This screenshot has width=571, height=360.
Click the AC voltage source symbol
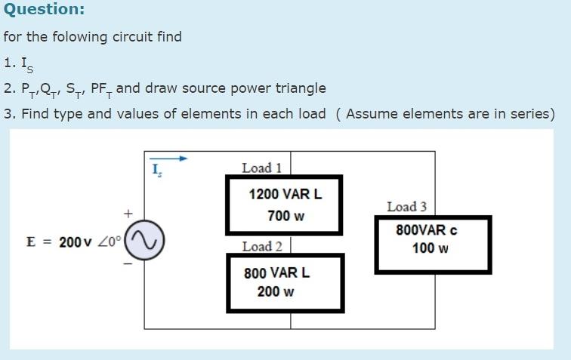coord(144,242)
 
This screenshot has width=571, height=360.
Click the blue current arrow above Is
coord(168,158)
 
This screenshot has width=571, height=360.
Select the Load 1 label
coord(261,168)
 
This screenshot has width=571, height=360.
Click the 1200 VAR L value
coord(285,194)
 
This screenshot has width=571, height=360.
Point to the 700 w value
coord(285,216)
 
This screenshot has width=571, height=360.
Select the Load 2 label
coord(262,246)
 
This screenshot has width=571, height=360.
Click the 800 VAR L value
coord(276,272)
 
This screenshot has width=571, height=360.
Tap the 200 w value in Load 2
coord(276,291)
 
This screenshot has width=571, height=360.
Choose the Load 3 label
coord(406,206)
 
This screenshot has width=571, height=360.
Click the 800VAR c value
coord(426,230)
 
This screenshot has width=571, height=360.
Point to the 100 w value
coord(430,248)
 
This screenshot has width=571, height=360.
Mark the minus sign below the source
coord(128,264)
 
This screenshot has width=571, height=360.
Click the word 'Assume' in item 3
coord(372,114)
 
